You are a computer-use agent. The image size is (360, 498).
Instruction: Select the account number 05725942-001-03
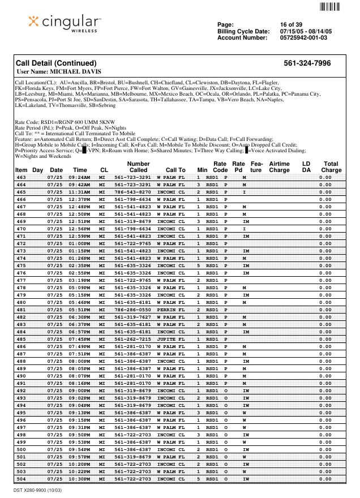[x=303, y=38]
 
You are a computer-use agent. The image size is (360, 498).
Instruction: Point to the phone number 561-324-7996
[x=307, y=63]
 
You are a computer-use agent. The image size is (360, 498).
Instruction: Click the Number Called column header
[x=138, y=167]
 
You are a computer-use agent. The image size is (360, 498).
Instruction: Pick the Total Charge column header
[x=331, y=167]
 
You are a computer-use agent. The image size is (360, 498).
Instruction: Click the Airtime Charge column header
[x=279, y=167]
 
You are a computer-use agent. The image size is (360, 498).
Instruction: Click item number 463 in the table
[x=21, y=177]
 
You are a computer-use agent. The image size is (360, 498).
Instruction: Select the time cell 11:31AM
[x=79, y=192]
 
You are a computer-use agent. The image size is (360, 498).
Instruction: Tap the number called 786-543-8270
[x=132, y=192]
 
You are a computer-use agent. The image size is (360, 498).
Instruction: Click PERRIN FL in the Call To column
[x=170, y=310]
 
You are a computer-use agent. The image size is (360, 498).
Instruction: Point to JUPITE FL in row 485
[x=170, y=339]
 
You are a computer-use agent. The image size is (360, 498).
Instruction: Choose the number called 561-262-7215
[x=132, y=339]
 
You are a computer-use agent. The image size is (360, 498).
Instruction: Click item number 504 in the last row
[x=21, y=479]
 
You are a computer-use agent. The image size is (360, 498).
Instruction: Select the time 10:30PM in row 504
[x=79, y=479]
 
